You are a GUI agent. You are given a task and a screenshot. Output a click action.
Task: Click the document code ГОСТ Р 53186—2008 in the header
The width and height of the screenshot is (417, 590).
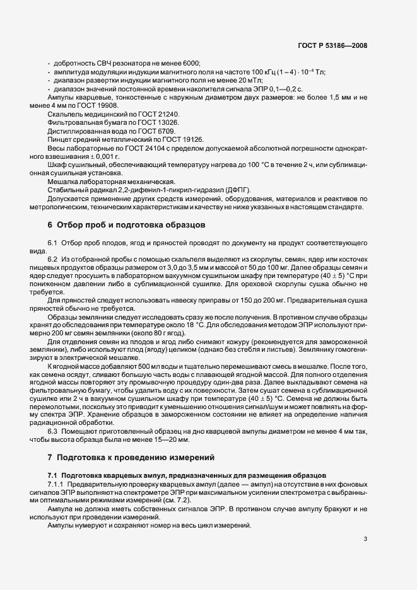[x=333, y=45]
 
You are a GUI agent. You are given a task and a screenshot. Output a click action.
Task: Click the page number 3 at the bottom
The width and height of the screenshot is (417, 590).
[x=366, y=538]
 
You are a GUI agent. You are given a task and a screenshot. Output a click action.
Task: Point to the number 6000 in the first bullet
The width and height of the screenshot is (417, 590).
[x=190, y=64]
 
